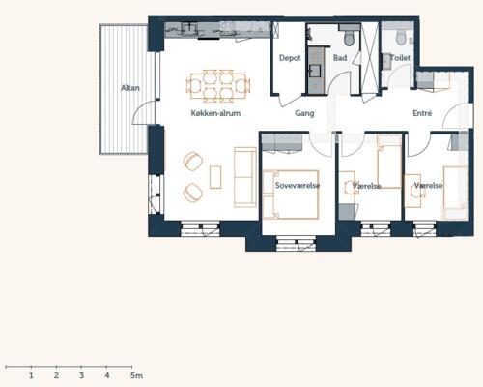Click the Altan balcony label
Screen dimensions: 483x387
130,88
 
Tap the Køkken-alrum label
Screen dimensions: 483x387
215,113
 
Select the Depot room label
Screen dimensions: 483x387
290,58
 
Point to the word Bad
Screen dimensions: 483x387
340,58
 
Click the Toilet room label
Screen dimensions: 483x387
400,58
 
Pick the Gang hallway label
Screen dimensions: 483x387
304,113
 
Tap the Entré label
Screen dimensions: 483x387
422,113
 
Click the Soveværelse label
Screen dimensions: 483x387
298,186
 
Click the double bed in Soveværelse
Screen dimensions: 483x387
291,194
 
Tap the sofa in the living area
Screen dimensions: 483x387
245,177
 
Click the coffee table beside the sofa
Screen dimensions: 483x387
215,177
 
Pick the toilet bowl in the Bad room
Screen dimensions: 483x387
349,38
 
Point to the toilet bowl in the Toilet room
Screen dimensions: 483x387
401,38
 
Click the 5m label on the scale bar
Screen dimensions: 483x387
136,375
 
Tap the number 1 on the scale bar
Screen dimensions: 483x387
31,375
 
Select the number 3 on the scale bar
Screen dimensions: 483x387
81,375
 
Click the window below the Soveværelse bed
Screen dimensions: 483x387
297,243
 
